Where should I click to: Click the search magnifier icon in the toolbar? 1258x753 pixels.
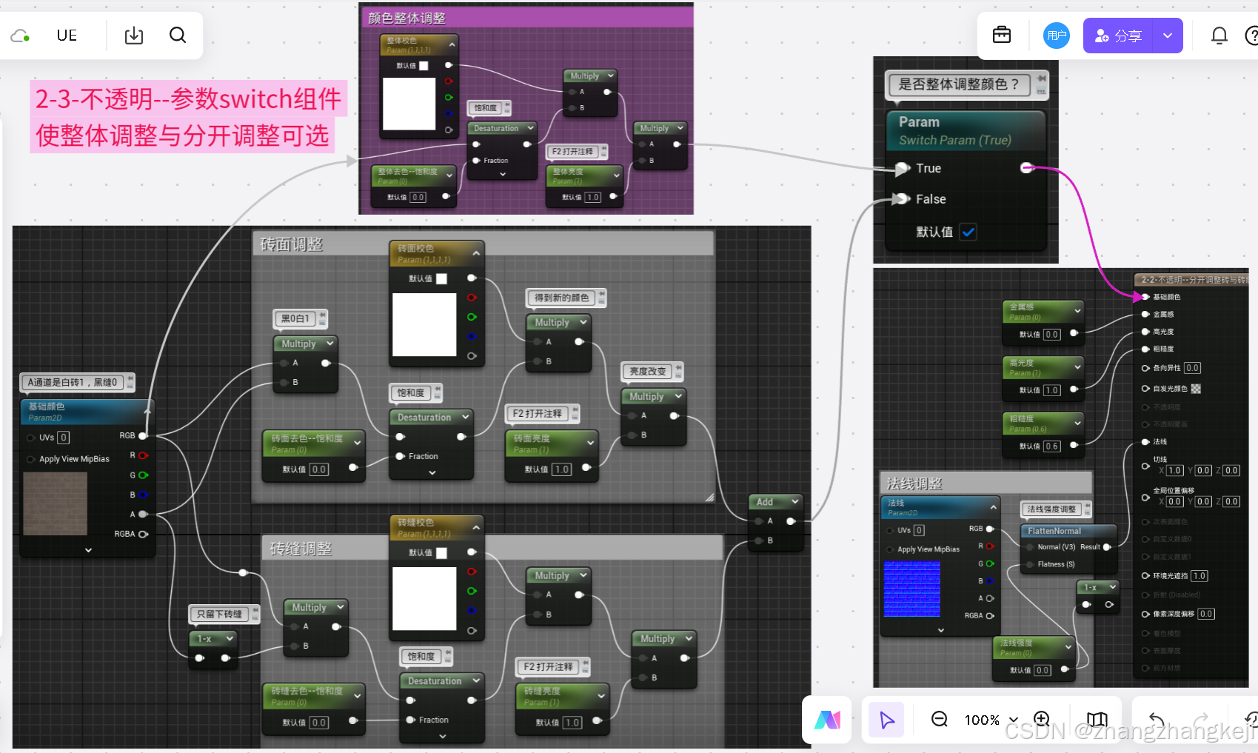click(x=178, y=35)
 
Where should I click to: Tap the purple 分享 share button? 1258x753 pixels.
click(x=1118, y=36)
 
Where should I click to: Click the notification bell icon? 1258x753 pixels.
click(x=1219, y=36)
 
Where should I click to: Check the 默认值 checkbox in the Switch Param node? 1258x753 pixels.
click(x=968, y=232)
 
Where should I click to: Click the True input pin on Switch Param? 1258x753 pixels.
click(x=901, y=169)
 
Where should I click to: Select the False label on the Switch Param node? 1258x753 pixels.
click(x=931, y=199)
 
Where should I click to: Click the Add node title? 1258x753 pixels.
click(x=765, y=502)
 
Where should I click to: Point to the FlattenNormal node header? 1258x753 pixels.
click(x=1054, y=531)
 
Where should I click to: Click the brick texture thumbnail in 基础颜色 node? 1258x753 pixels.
click(x=56, y=503)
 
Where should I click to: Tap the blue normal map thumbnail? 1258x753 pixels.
click(x=911, y=589)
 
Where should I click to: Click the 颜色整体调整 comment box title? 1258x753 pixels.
click(x=406, y=18)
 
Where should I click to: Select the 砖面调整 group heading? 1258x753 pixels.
click(x=291, y=244)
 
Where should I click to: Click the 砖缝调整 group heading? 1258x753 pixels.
click(x=301, y=549)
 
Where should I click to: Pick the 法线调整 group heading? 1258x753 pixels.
click(x=914, y=483)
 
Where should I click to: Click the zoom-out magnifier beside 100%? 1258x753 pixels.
click(x=939, y=719)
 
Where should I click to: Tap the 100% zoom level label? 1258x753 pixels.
click(x=982, y=720)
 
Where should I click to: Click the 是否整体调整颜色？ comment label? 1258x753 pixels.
click(x=958, y=84)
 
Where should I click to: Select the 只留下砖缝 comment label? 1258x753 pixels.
click(x=219, y=614)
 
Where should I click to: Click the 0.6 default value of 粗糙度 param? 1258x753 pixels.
click(x=1051, y=446)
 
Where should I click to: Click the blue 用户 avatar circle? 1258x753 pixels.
click(x=1057, y=36)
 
